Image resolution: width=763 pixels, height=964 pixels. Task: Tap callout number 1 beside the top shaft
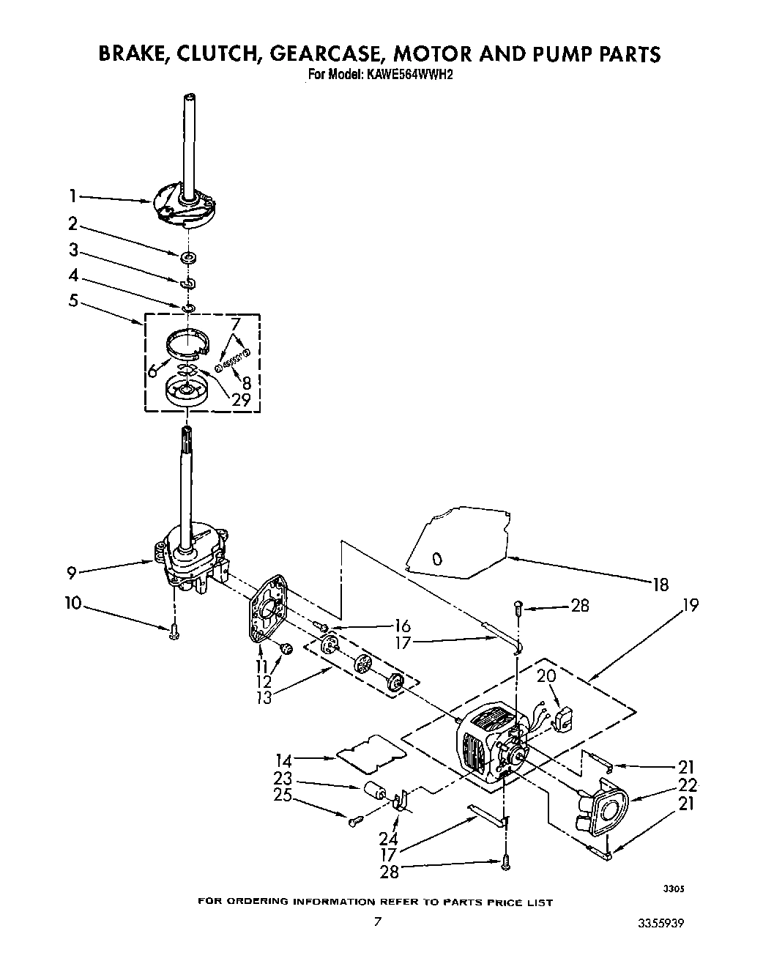[x=72, y=196]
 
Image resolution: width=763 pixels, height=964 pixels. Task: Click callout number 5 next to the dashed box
[x=72, y=300]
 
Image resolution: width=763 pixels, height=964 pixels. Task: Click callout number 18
[x=661, y=584]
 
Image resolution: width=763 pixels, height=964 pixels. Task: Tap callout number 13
[x=264, y=697]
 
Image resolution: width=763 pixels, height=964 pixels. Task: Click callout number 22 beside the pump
[x=686, y=785]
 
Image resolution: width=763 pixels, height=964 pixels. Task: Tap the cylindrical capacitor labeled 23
[x=376, y=792]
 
